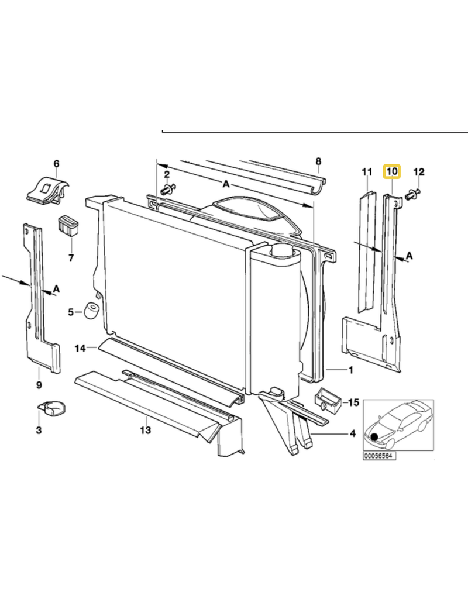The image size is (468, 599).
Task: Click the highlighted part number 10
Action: point(392,171)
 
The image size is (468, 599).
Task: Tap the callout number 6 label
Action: point(57,164)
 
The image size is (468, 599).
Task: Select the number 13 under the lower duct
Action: point(146,430)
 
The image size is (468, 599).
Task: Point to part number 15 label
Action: point(354,402)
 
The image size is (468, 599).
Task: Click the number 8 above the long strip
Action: point(319,161)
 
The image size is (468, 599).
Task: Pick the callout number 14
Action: point(80,348)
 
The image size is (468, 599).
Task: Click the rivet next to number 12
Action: point(413,194)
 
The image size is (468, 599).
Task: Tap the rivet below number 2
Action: point(168,189)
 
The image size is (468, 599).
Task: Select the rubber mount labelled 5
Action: point(92,311)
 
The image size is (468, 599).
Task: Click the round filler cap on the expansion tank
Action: point(281,250)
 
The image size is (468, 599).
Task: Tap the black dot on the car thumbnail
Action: point(374,436)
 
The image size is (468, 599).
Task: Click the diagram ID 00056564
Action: point(379,456)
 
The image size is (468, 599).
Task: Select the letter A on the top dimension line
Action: point(226,184)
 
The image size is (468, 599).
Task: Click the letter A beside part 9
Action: point(56,289)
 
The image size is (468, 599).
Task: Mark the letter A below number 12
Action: point(409,255)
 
